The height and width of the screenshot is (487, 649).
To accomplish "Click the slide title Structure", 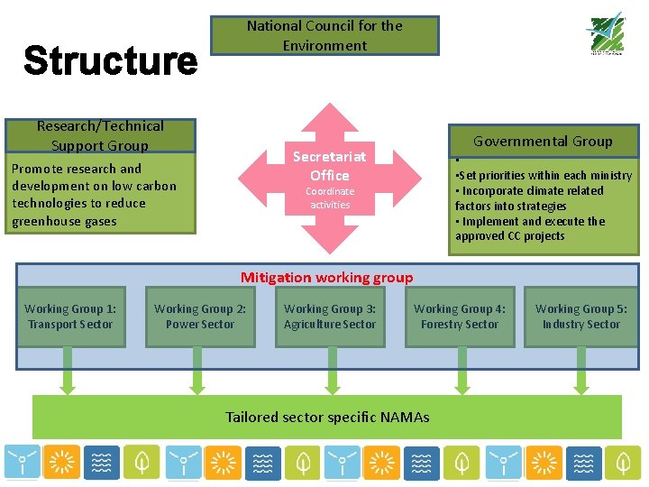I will pyautogui.click(x=110, y=61).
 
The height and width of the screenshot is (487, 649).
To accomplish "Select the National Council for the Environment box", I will pyautogui.click(x=324, y=35).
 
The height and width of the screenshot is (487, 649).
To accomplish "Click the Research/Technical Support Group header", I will pyautogui.click(x=100, y=135).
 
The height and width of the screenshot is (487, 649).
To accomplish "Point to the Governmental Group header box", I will pyautogui.click(x=543, y=141).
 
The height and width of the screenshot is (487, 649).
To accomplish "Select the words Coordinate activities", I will pyautogui.click(x=330, y=198).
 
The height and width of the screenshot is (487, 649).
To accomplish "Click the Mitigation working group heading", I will pyautogui.click(x=326, y=278).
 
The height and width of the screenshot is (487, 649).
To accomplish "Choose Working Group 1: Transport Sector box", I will pyautogui.click(x=70, y=317).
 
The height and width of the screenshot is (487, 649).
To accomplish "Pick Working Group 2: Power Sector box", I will pyautogui.click(x=200, y=317).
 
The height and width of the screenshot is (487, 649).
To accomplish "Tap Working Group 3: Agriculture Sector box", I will pyautogui.click(x=330, y=317).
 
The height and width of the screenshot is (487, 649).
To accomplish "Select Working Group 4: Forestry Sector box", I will pyautogui.click(x=460, y=317).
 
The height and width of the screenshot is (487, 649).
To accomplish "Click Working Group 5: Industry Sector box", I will pyautogui.click(x=581, y=317).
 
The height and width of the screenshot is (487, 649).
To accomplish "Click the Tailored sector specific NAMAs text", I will pyautogui.click(x=327, y=417).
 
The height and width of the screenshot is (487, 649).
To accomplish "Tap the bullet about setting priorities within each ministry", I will pyautogui.click(x=544, y=176).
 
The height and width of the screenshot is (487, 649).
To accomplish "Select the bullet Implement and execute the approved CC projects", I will pyautogui.click(x=530, y=229).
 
